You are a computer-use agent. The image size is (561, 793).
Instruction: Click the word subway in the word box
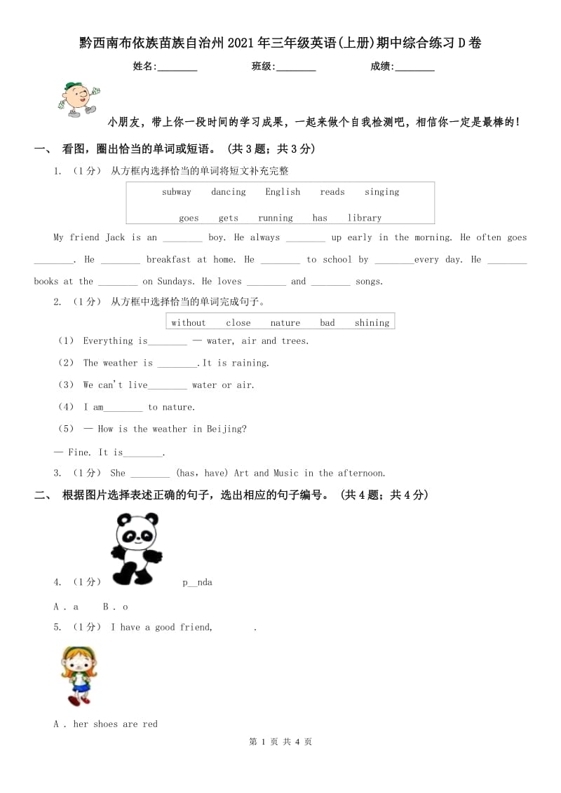[176, 192]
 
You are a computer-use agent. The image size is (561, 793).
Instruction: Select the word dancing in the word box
[229, 192]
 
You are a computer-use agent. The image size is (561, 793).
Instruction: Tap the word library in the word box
[365, 218]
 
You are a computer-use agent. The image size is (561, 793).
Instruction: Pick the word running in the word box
[276, 218]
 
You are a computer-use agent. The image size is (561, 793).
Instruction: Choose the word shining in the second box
[372, 323]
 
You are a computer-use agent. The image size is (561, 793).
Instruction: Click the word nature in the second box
[285, 323]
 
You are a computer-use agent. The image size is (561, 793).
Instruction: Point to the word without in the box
[189, 323]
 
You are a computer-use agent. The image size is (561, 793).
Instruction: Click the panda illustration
[137, 549]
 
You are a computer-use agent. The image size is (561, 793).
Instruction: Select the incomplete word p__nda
[197, 582]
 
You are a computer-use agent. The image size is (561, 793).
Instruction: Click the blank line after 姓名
[177, 67]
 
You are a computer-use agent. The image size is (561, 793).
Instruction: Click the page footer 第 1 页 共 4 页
[280, 742]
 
